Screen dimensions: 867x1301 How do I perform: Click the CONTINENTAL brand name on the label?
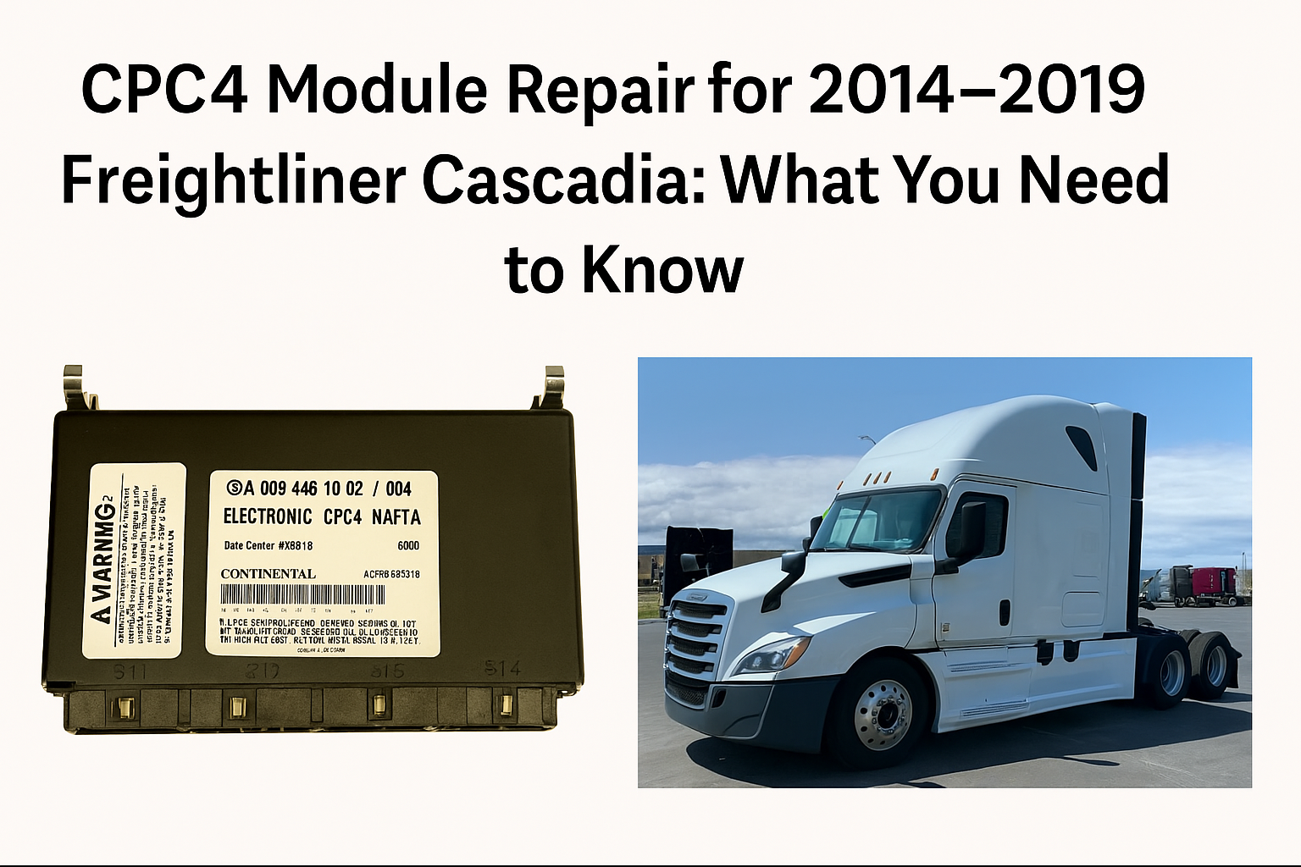click(x=268, y=574)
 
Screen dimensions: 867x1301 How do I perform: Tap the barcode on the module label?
click(x=302, y=594)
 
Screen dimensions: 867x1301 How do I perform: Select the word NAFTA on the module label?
click(x=396, y=516)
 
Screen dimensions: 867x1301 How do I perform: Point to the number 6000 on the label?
click(x=408, y=545)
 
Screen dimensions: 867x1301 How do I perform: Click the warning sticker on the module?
click(x=134, y=561)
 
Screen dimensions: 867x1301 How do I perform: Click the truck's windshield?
click(x=877, y=518)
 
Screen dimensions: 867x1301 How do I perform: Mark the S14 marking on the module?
click(x=501, y=669)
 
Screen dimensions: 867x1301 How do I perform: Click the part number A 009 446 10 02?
click(x=303, y=489)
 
